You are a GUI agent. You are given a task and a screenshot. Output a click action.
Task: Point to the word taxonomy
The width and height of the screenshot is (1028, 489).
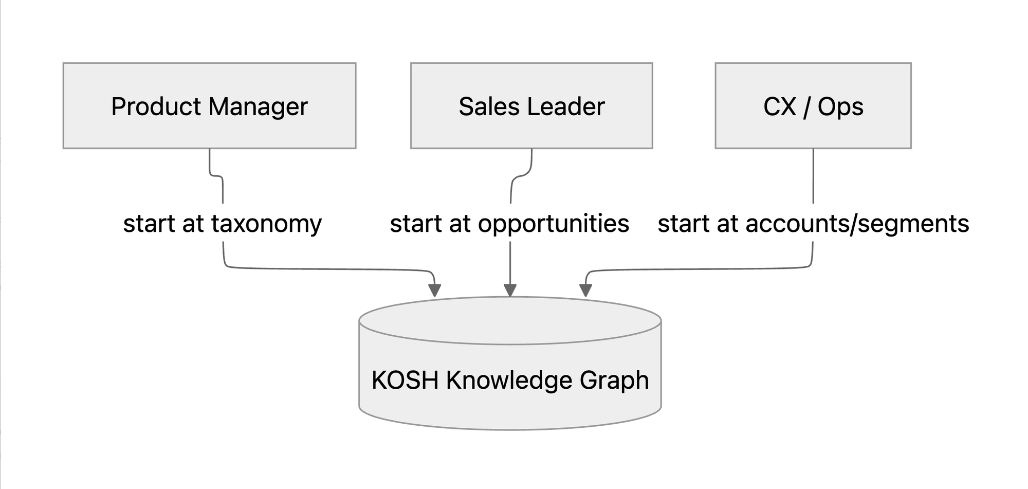(x=266, y=224)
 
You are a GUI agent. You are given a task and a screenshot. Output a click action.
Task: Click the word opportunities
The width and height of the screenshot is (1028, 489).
(x=554, y=224)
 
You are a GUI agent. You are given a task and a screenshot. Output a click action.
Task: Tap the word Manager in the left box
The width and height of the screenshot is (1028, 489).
(x=258, y=107)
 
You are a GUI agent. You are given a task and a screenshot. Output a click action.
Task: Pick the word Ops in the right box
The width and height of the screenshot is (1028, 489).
(x=840, y=107)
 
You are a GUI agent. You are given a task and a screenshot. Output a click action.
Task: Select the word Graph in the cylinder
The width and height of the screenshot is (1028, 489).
(x=614, y=381)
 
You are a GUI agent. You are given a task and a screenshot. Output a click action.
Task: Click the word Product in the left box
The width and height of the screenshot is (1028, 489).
(x=156, y=107)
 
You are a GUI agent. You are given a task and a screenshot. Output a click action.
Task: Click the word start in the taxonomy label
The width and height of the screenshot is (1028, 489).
(x=149, y=224)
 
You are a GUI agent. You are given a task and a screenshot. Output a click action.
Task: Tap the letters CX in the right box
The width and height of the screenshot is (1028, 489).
(x=780, y=107)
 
